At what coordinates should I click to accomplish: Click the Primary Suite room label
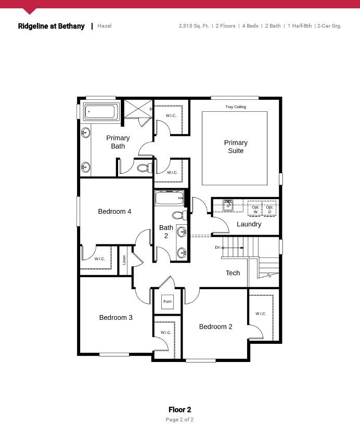236,147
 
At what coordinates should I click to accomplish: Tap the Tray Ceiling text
236,107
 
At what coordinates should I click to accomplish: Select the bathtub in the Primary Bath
100,112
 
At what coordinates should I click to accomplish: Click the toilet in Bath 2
179,215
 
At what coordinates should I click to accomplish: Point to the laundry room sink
228,205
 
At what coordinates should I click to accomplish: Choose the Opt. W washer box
254,209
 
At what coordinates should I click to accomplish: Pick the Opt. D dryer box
269,209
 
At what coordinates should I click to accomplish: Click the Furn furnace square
168,302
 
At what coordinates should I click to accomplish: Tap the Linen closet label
124,260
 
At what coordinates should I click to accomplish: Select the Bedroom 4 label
114,211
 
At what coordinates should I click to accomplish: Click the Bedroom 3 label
115,318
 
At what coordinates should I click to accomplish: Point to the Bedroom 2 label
216,327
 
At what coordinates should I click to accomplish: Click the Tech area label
233,273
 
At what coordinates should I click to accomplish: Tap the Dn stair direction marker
217,247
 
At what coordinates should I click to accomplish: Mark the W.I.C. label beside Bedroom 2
261,314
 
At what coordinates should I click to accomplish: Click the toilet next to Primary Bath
145,167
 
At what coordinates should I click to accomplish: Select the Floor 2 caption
180,409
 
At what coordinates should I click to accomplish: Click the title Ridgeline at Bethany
52,26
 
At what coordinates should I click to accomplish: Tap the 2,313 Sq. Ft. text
194,26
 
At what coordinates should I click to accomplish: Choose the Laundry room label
249,224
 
